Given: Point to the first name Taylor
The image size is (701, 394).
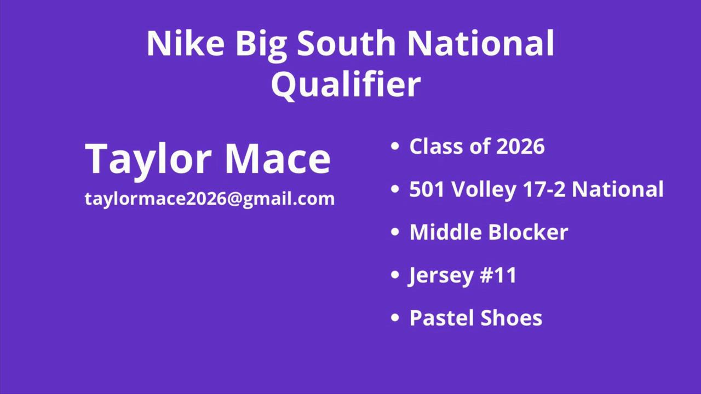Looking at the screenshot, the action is click(147, 159).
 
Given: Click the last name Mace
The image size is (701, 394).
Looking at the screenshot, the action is click(278, 158).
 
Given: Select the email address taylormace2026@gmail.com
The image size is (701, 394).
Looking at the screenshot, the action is click(210, 199).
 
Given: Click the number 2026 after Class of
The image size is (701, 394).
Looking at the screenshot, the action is click(520, 146).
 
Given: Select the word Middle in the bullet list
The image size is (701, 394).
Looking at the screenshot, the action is click(445, 231).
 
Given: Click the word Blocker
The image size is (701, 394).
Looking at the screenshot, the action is click(528, 231).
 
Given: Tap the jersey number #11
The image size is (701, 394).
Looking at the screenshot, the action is click(498, 275).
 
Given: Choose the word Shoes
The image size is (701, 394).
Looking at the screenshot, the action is click(511, 318).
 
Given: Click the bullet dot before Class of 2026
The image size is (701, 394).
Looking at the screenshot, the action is click(395, 146).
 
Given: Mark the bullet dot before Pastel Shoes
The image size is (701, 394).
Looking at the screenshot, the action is click(395, 317).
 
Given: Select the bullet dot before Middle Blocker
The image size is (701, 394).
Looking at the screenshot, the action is click(395, 231).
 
